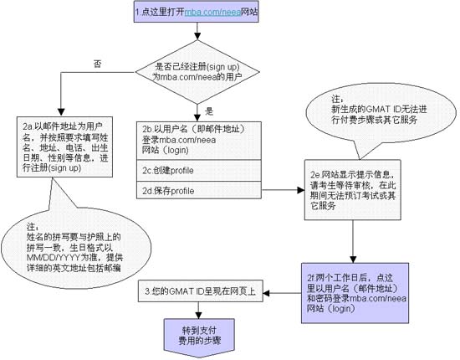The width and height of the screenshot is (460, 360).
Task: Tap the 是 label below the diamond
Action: [208, 111]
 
